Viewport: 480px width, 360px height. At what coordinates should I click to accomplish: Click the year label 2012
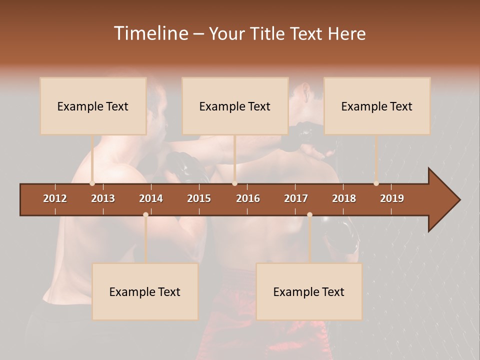point(55,198)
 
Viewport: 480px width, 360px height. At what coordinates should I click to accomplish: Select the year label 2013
point(103,198)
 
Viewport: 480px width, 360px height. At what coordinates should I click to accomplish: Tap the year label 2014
point(151,198)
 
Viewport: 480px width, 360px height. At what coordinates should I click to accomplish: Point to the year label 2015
point(199,198)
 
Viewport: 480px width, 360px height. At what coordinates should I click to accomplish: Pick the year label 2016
point(248,198)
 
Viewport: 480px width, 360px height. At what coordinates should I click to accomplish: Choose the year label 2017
point(296,198)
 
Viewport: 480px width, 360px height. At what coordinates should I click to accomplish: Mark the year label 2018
point(344,198)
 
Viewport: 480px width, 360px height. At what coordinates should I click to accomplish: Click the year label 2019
point(392,198)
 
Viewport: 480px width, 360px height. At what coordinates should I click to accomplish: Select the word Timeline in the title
point(150,33)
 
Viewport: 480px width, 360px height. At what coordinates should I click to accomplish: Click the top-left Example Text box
point(93,106)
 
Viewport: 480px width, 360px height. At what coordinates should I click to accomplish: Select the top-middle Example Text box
point(235,106)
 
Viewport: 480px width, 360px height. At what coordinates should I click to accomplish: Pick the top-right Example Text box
point(377,106)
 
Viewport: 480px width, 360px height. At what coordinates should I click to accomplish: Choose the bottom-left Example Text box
point(145,291)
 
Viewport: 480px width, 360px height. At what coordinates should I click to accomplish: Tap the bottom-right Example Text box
point(309,291)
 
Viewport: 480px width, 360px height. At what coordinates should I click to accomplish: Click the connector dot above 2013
point(92,183)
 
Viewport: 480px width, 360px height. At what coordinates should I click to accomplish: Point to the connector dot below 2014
point(145,214)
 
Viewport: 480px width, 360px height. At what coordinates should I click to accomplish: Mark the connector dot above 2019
point(376,183)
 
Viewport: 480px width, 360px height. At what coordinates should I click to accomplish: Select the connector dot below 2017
point(309,214)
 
